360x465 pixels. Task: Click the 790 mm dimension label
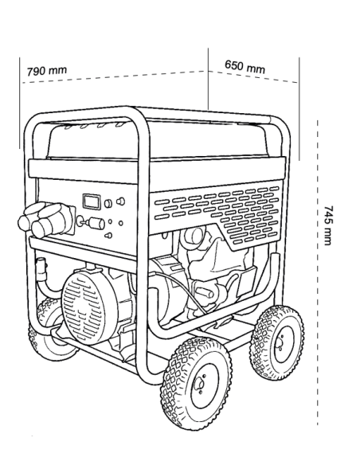47,71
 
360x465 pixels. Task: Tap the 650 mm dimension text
245,66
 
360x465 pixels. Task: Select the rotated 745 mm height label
328,225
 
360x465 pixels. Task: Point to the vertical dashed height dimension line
318,273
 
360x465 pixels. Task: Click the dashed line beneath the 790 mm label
114,76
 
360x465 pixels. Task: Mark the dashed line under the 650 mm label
253,76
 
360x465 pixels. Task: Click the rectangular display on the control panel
92,201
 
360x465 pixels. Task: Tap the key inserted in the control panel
92,222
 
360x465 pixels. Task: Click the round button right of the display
108,204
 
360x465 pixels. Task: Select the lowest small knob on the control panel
108,236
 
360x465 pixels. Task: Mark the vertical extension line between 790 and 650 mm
208,79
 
